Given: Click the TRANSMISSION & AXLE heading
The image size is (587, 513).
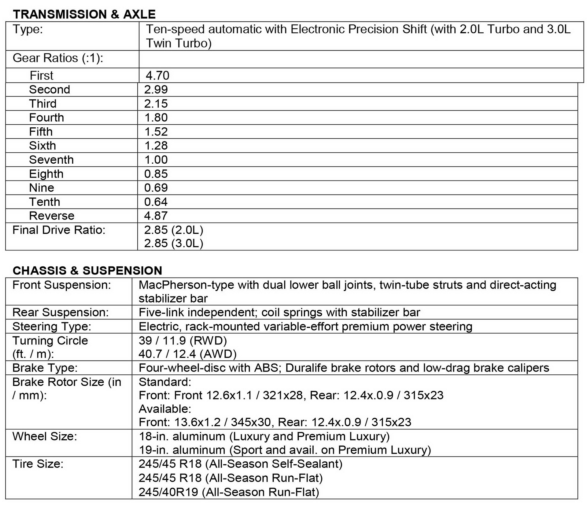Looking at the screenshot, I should click(x=84, y=14).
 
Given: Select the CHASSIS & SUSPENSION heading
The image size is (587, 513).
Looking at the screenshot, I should click(x=87, y=271).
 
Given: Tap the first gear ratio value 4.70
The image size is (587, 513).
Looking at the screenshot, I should click(x=157, y=75).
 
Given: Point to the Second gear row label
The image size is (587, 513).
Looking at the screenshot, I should click(x=50, y=89).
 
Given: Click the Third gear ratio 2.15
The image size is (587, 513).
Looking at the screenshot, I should click(x=156, y=104).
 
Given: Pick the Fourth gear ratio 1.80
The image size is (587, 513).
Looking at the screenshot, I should click(x=156, y=118).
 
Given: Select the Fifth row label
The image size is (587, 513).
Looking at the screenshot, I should click(x=41, y=132).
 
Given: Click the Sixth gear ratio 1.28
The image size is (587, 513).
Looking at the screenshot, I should click(x=156, y=146).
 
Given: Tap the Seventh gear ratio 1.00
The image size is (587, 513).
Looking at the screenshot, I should click(x=156, y=160).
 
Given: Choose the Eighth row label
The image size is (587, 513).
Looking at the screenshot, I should click(x=46, y=174).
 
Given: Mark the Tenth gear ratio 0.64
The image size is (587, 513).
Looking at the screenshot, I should click(x=156, y=202).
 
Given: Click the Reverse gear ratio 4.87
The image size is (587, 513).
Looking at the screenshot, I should click(x=156, y=216).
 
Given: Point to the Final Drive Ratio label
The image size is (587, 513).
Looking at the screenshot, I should click(x=59, y=230).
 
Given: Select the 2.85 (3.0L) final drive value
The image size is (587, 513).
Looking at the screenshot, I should click(x=174, y=243).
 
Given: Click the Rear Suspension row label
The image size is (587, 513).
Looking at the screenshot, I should click(x=61, y=312).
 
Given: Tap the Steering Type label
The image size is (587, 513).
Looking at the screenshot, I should click(x=52, y=326).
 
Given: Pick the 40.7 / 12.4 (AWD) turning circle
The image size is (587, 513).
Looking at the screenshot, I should click(x=187, y=354).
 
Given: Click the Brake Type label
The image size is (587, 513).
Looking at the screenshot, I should click(x=45, y=368).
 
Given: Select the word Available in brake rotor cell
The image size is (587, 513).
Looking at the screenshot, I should click(x=165, y=409).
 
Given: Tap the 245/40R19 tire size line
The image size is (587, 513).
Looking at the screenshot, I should click(x=229, y=492).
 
